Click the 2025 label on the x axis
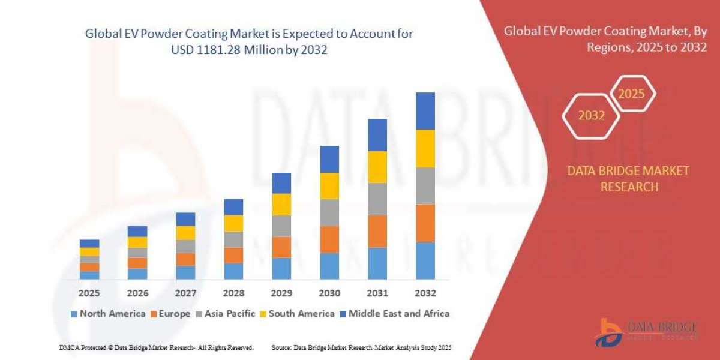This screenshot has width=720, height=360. pos(89,293)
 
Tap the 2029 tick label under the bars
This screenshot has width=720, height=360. pos(281,293)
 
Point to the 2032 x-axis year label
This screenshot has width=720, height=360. pos(425,293)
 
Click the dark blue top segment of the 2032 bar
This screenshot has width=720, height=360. pos(425,111)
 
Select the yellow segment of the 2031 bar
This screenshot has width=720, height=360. pos(377,167)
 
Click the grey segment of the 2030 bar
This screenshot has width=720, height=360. pos(329,212)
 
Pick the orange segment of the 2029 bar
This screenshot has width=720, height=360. pos(281,247)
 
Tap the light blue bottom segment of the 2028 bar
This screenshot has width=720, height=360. pos(233,271)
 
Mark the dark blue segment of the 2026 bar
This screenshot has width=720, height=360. pos(137,231)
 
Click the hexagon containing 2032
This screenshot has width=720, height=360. pos(592,116)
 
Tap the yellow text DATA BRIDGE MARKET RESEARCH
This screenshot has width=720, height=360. pos(628,179)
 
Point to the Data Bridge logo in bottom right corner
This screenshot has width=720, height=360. pos(646,332)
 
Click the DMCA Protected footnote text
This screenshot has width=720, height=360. pos(156,347)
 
